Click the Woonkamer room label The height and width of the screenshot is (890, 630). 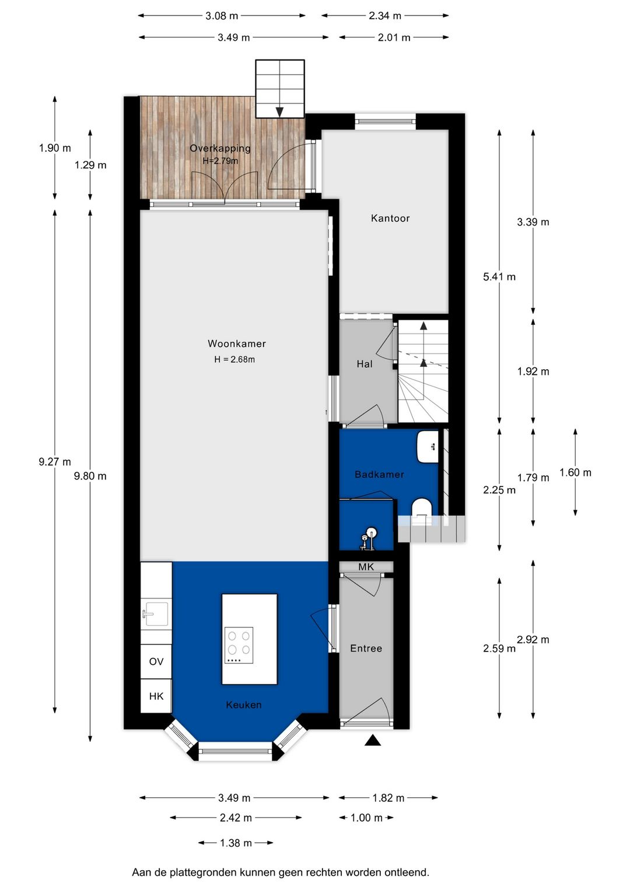point(236,344)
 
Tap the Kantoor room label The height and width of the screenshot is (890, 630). point(390,218)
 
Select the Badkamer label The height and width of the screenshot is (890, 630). point(379,474)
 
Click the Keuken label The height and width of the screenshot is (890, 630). point(244,705)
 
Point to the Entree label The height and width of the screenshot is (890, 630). point(366,648)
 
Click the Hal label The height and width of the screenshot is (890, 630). point(365,364)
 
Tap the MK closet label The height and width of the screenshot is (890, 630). point(366,567)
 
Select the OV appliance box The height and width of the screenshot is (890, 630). point(156,661)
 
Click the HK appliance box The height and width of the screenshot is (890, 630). point(156,696)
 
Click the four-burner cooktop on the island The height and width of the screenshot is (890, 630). point(239,645)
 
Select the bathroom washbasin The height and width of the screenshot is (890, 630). point(428,447)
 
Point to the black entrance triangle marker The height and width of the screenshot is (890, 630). point(373,740)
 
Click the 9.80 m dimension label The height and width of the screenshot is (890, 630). point(90,476)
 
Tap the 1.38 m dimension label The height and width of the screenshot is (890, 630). point(236,843)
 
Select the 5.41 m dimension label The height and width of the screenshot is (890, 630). point(499,276)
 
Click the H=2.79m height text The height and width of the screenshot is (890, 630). point(220,161)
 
